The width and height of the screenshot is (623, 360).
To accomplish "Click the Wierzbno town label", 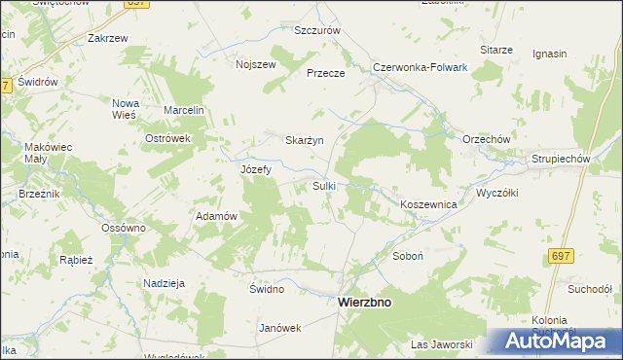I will (364, 303).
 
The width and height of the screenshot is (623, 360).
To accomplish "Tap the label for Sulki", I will (324, 185).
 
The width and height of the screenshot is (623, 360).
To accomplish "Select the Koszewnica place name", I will (428, 204).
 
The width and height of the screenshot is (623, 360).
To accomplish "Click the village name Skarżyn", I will (303, 140).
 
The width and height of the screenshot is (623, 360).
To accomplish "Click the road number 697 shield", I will (559, 256).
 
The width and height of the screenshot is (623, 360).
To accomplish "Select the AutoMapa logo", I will (563, 341).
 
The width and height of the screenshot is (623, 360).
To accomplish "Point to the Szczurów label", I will (317, 30).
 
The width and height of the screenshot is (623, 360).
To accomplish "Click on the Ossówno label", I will (124, 228).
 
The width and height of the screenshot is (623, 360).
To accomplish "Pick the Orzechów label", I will (487, 139).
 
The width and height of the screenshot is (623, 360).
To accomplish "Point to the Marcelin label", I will (183, 110).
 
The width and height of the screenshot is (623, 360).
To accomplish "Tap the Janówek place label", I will (279, 328).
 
